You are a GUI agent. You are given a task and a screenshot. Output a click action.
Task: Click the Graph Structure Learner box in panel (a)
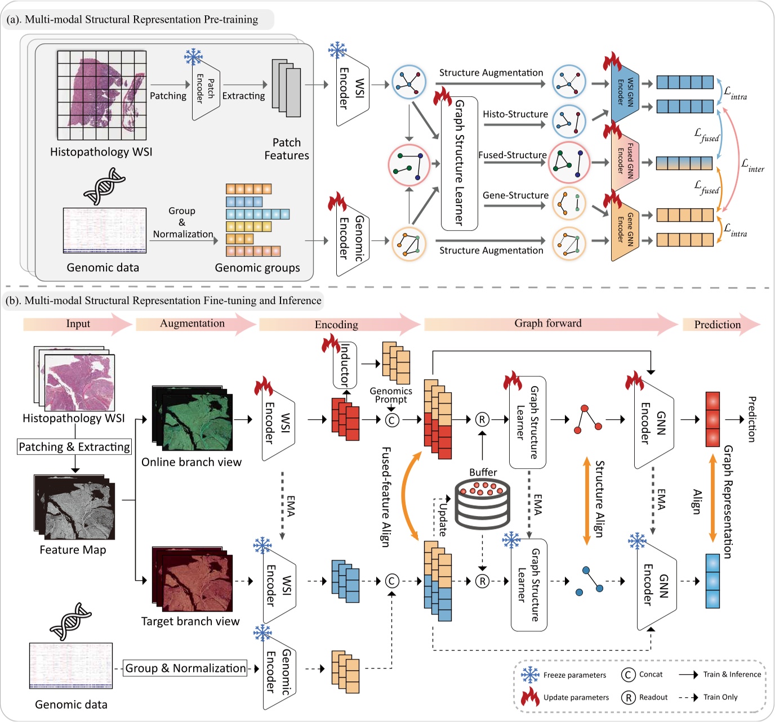coord(459,163)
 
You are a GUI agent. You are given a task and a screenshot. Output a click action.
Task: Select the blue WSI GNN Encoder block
coord(625,92)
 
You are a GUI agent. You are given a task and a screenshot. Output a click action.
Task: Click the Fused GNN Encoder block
coord(625,161)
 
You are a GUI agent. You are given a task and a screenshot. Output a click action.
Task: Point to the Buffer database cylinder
coord(482,504)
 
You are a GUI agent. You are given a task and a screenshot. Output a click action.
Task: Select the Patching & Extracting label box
coord(74,447)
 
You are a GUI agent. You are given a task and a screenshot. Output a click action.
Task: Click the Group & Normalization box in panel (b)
coord(185,668)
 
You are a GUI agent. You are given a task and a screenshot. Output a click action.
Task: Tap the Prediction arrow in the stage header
coord(720,324)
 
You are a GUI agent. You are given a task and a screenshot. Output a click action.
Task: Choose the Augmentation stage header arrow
coord(195,324)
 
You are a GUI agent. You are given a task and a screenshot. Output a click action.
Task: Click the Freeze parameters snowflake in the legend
coord(530,675)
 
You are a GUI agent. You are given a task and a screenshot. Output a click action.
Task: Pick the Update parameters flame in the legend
coord(530,697)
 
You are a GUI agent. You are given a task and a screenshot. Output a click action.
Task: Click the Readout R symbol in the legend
coord(628,698)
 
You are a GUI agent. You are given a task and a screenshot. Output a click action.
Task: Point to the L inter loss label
coord(752,165)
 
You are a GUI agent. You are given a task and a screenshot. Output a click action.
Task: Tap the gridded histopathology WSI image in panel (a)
coord(102,95)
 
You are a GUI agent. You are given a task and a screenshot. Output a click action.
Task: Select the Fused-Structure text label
coord(513,155)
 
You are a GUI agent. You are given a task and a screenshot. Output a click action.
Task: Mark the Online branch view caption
coord(191,462)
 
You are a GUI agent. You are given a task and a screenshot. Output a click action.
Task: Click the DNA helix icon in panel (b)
coord(70,621)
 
